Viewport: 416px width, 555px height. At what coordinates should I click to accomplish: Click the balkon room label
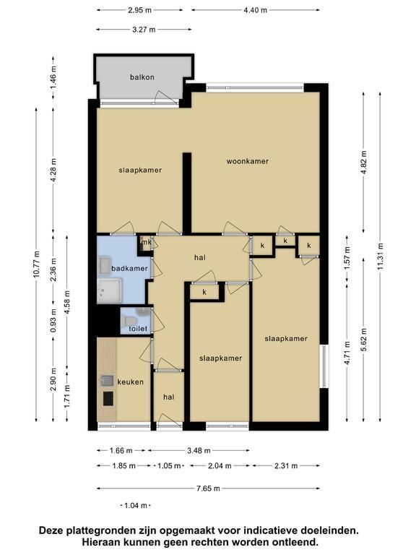142,77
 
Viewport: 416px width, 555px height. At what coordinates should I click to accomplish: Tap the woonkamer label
248,161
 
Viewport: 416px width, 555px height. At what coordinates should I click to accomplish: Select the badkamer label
129,268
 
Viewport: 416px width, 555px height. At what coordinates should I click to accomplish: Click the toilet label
138,329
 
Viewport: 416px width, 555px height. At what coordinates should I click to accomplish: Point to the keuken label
130,382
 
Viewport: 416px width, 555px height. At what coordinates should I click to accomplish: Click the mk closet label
147,243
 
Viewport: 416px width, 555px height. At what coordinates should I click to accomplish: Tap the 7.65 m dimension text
208,489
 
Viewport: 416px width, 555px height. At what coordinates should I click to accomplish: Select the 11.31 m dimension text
381,257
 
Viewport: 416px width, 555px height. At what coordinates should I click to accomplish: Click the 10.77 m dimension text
36,264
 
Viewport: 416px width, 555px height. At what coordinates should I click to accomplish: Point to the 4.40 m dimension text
256,10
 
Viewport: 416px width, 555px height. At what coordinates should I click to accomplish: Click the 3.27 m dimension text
144,30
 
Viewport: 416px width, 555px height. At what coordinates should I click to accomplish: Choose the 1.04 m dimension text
136,505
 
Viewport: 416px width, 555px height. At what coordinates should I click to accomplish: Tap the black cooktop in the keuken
108,398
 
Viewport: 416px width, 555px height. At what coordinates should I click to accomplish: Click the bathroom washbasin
105,266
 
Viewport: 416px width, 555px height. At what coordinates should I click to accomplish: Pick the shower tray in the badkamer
109,291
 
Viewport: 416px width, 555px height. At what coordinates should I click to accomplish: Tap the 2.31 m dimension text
286,466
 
